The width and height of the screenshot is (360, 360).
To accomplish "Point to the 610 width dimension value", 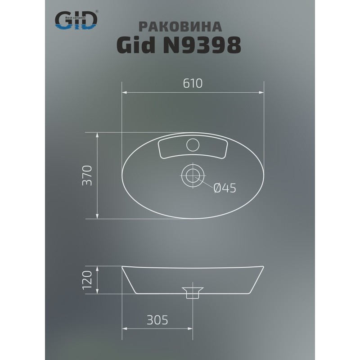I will click(x=193, y=83).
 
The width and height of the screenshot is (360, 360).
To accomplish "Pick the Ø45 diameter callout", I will click(x=225, y=189).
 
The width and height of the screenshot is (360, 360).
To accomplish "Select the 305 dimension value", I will click(x=157, y=320).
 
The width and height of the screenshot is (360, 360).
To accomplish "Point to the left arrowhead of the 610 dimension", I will click(x=125, y=93).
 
